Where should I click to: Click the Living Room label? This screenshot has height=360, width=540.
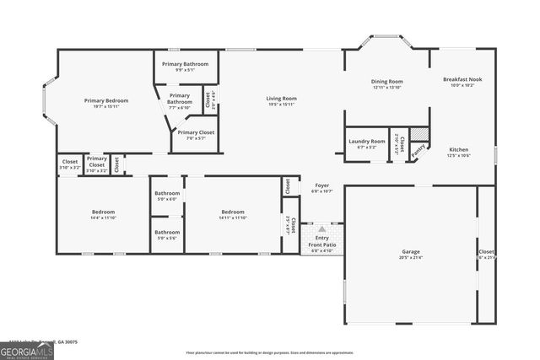pyautogui.click(x=283, y=99)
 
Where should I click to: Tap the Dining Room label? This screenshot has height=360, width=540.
pyautogui.click(x=386, y=82)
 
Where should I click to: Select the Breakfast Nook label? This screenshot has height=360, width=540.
pyautogui.click(x=462, y=79)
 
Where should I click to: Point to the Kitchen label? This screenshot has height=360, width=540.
pyautogui.click(x=458, y=149)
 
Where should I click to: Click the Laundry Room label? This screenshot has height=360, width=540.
pyautogui.click(x=367, y=142)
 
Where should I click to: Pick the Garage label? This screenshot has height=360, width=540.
pyautogui.click(x=411, y=252)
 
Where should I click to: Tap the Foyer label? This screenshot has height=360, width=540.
pyautogui.click(x=322, y=185)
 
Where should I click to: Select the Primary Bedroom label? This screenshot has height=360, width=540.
pyautogui.click(x=105, y=100)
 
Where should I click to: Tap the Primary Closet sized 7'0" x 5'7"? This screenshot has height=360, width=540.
pyautogui.click(x=195, y=132)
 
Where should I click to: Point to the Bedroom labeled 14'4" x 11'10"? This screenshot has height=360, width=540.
pyautogui.click(x=104, y=212)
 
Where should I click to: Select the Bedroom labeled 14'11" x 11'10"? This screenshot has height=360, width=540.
pyautogui.click(x=233, y=212)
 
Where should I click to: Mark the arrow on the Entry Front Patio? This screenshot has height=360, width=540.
pyautogui.click(x=322, y=229)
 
